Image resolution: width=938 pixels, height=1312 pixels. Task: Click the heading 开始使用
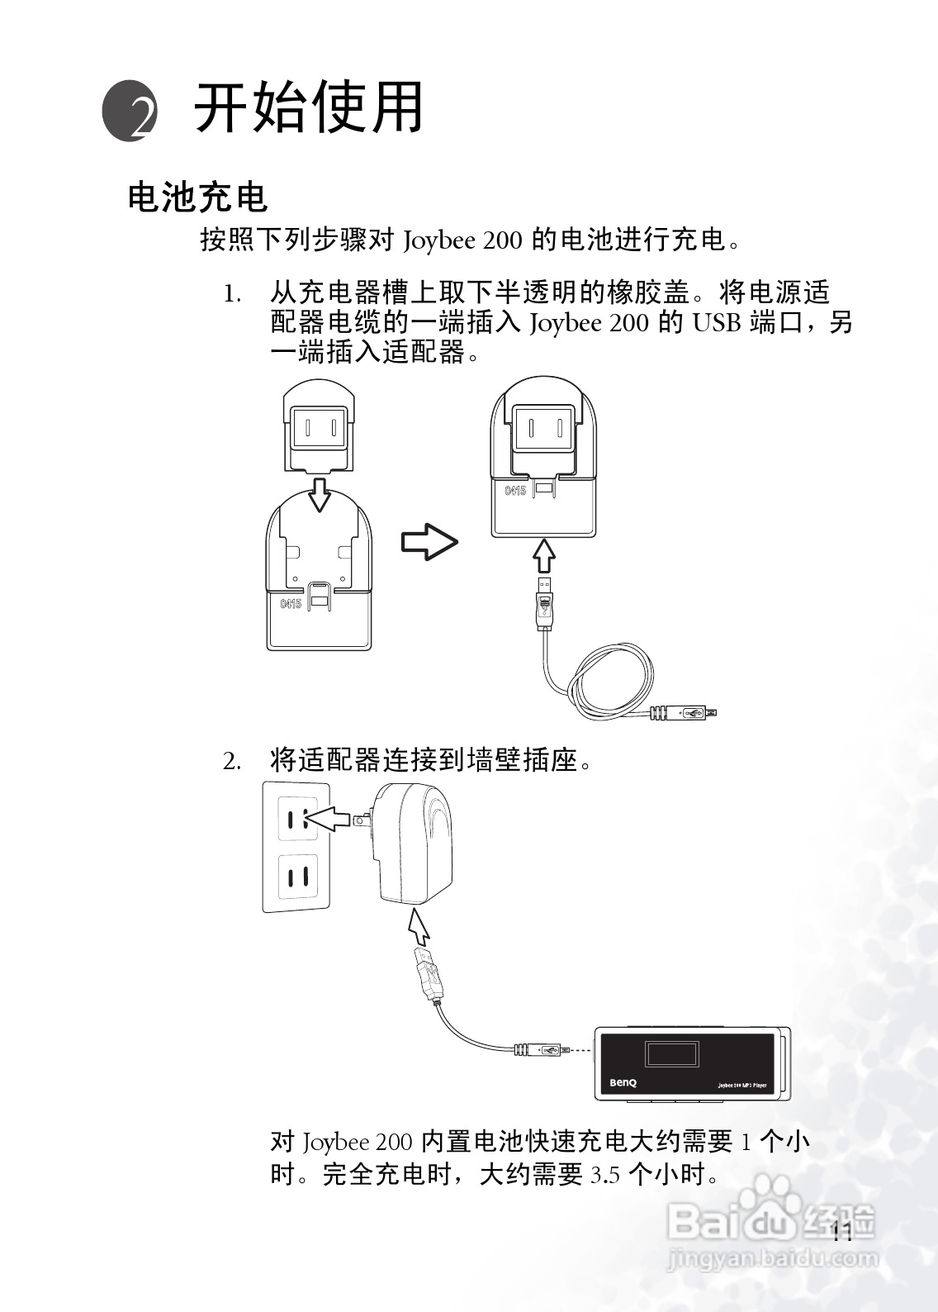[308, 107]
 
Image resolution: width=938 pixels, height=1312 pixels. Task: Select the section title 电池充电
[198, 197]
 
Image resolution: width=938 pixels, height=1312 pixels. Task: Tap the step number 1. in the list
[233, 294]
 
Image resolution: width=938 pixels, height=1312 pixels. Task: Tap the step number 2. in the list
[232, 761]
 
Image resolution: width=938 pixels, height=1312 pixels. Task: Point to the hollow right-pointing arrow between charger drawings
[429, 543]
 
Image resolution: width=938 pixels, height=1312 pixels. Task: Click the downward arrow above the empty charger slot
[320, 492]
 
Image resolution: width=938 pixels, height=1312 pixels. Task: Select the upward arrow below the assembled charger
[542, 554]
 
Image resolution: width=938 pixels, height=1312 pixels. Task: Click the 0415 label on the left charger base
[291, 604]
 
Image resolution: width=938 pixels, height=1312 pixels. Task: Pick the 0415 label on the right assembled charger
[515, 491]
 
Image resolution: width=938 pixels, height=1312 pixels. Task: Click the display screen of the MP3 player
[671, 1055]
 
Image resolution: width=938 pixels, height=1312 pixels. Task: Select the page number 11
[842, 1231]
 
